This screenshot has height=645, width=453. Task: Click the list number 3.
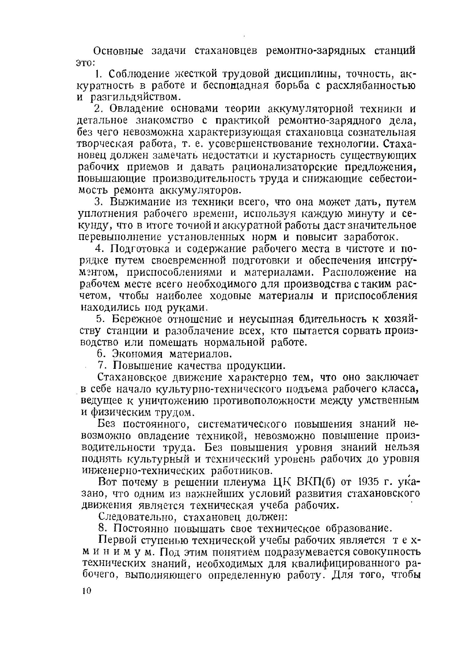pos(99,202)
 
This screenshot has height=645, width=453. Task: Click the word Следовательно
pos(138,517)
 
